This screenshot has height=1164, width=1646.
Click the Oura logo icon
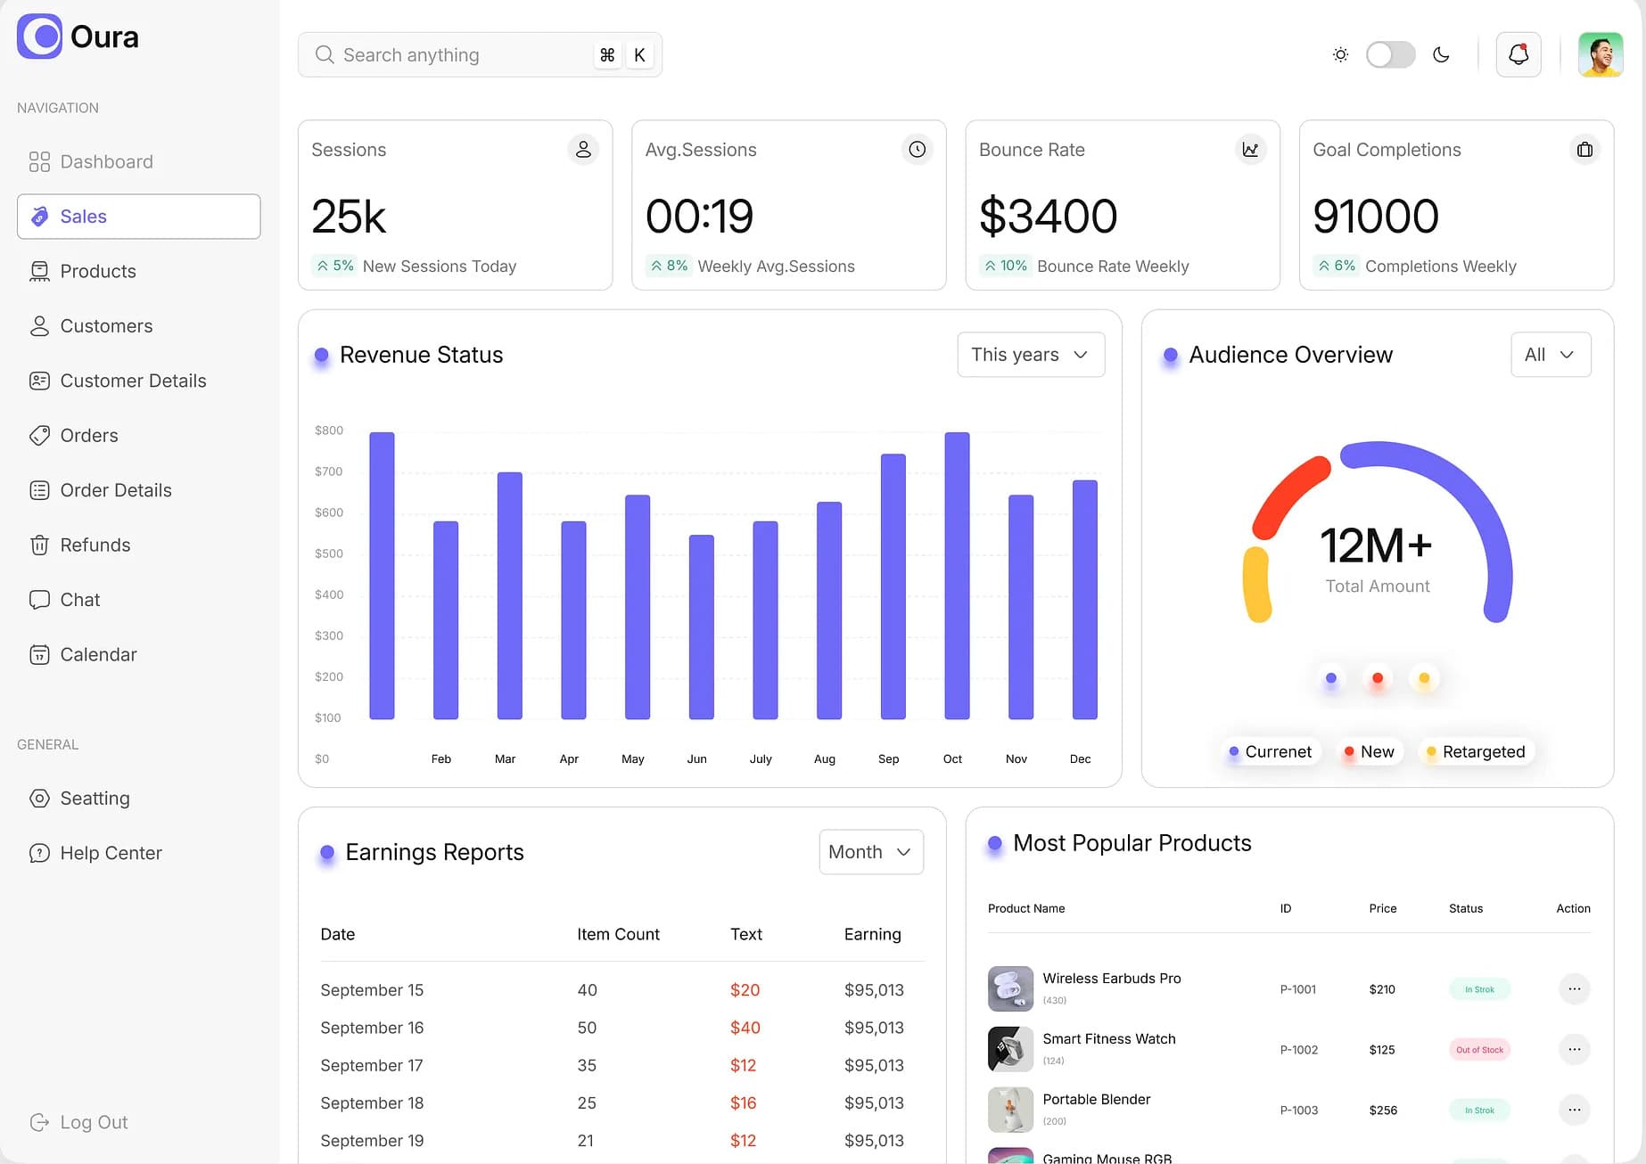[39, 37]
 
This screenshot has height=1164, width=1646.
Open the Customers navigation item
[106, 326]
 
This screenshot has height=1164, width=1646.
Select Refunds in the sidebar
[95, 545]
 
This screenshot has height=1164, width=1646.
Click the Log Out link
[93, 1122]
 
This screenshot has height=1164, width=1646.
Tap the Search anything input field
[455, 55]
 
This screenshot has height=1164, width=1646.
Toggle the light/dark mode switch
[1390, 54]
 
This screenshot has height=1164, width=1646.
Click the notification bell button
[1518, 54]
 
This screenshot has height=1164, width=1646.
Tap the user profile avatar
[1600, 54]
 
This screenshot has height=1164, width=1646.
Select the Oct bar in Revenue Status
[957, 576]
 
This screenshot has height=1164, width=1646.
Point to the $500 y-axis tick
[328, 553]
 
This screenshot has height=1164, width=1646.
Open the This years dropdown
[1031, 355]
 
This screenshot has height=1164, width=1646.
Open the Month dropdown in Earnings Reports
[870, 852]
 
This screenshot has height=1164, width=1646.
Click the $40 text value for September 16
[745, 1028]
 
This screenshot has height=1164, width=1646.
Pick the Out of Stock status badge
[1479, 1050]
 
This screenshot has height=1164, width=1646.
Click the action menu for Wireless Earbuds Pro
[1574, 988]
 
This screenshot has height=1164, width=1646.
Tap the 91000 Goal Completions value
[1375, 216]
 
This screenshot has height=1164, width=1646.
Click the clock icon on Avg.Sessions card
[917, 150]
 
